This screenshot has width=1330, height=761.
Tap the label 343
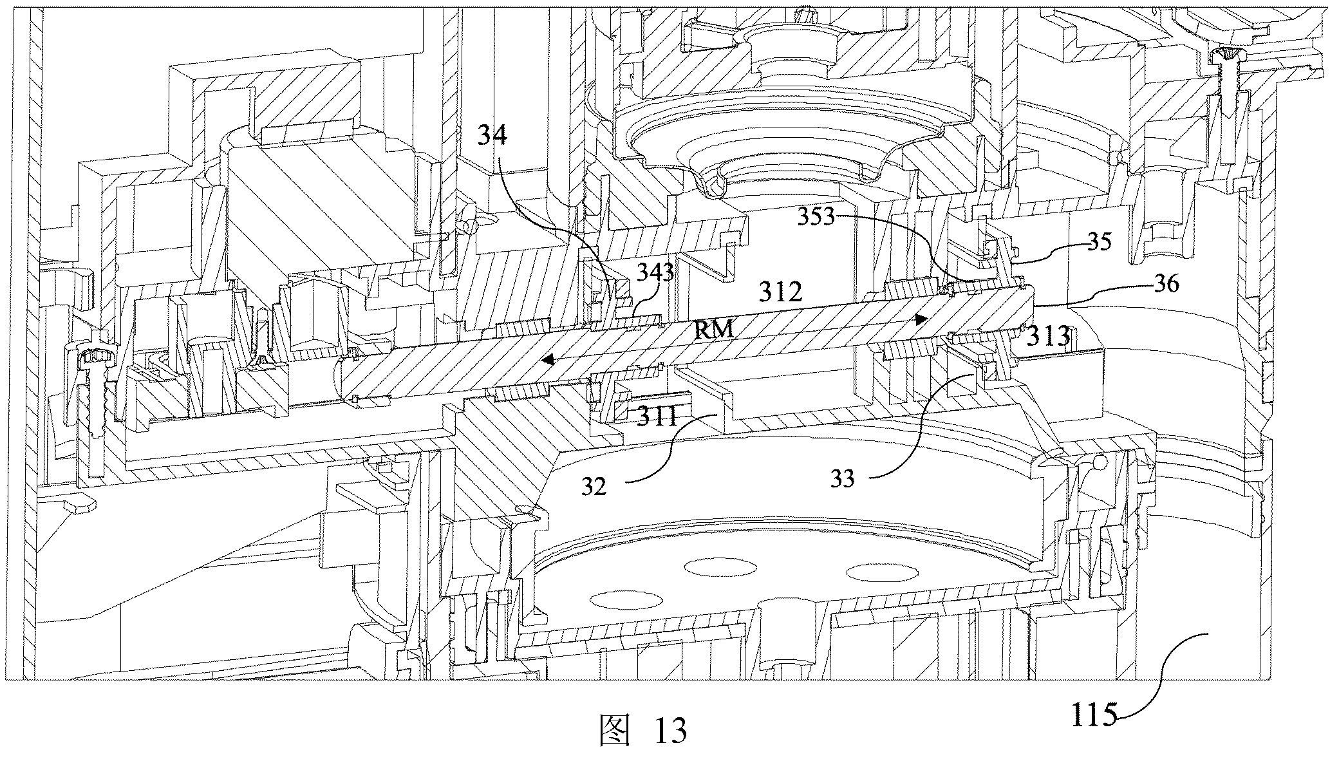tap(655, 274)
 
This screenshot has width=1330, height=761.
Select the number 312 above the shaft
tap(781, 292)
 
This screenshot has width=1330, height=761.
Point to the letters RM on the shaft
tap(715, 330)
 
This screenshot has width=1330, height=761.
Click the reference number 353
tap(816, 217)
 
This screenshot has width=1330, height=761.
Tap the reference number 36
tap(1165, 283)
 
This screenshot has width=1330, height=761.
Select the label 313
tap(1049, 335)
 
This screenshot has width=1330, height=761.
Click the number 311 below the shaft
tap(657, 417)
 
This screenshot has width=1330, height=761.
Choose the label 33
tap(843, 478)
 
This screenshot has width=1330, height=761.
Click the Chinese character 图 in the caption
tap(613, 731)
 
